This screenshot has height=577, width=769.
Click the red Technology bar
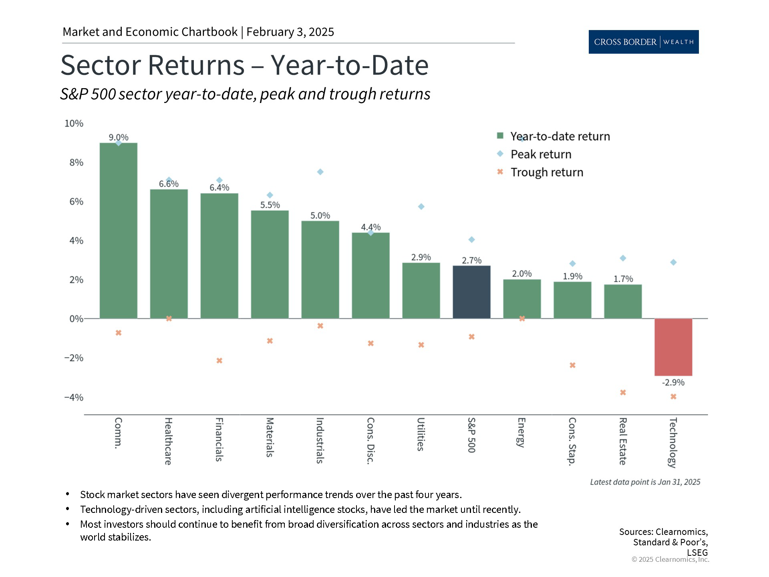click(673, 347)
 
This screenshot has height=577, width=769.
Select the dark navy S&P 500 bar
click(471, 292)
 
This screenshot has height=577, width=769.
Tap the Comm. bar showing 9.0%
click(118, 231)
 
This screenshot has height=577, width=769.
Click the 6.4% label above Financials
click(219, 188)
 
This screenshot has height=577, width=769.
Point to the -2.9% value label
click(673, 383)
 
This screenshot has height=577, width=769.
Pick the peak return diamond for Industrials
click(320, 172)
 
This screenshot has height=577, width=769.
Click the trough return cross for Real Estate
click(623, 393)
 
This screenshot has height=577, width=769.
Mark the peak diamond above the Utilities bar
click(421, 207)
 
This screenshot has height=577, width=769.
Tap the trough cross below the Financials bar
click(219, 361)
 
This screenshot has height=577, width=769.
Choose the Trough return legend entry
click(540, 172)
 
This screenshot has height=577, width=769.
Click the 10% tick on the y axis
click(74, 123)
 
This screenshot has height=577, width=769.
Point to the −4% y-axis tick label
click(74, 397)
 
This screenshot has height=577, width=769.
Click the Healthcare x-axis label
click(169, 441)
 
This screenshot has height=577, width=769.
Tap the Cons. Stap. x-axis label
click(572, 442)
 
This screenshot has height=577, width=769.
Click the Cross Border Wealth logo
click(644, 42)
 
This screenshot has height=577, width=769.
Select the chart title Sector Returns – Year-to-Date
click(244, 65)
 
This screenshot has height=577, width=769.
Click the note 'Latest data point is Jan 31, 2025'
click(645, 482)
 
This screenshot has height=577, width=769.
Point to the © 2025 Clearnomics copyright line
click(670, 560)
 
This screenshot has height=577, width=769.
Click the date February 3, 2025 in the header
click(290, 32)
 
